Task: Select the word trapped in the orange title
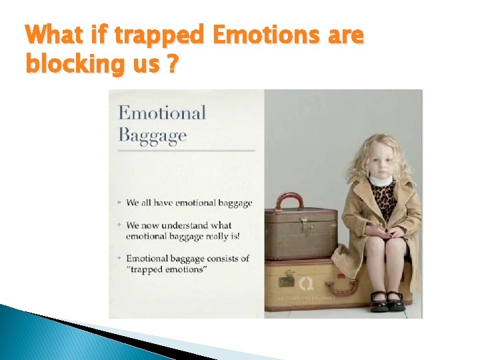[x=158, y=35]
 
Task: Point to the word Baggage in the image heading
[x=153, y=135]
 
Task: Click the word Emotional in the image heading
[x=162, y=113]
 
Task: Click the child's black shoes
[x=386, y=301]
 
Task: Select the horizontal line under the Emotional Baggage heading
[x=186, y=151]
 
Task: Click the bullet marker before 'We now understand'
[x=119, y=225]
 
